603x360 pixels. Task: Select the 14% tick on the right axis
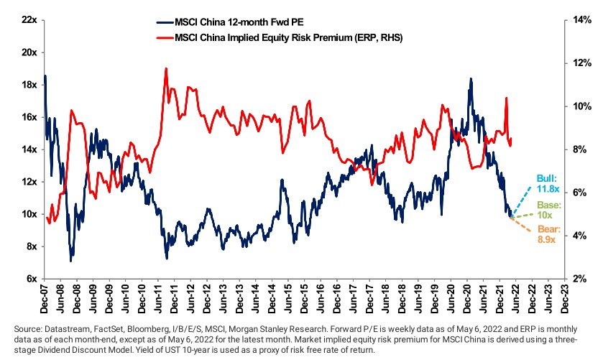579,20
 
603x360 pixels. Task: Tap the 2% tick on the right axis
577,279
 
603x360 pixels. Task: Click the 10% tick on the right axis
579,106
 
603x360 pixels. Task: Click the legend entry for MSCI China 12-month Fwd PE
234,22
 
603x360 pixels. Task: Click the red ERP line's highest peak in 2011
166,69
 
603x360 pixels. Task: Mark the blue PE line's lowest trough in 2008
70,260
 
